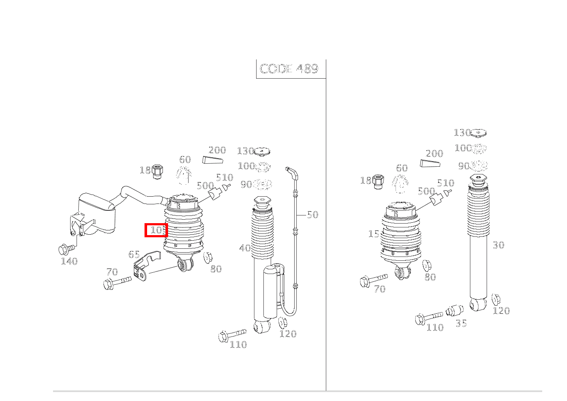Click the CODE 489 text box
[x=289, y=69]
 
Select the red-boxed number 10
[x=156, y=230]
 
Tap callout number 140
[x=69, y=261]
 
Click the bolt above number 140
[x=66, y=248]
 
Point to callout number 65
[x=134, y=255]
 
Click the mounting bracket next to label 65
[x=144, y=267]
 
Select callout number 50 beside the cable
[x=313, y=215]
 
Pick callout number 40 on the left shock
[x=245, y=248]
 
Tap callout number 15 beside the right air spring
[x=373, y=234]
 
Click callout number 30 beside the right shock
[x=498, y=245]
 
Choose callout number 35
[x=461, y=324]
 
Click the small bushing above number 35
[x=455, y=310]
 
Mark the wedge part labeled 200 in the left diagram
[x=213, y=160]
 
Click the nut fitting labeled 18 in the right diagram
[x=378, y=181]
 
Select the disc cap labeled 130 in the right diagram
[x=478, y=133]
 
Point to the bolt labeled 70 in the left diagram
[x=117, y=283]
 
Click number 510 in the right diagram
[x=445, y=183]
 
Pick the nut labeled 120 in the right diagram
[x=496, y=299]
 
